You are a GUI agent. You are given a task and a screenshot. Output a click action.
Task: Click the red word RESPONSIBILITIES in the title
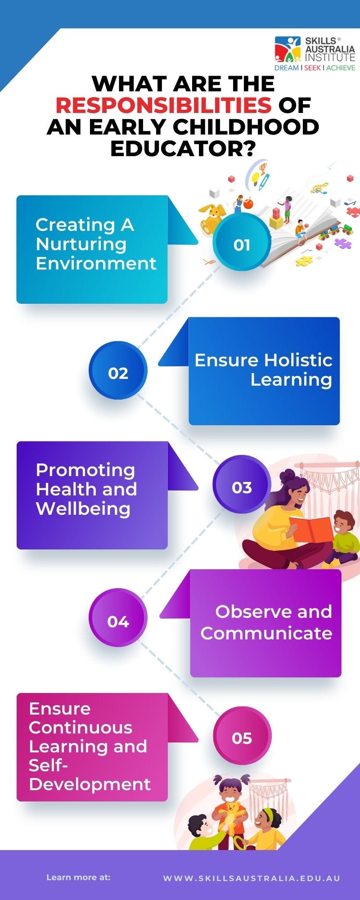point(164,105)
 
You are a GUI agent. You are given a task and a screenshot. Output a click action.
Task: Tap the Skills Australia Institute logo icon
point(288,49)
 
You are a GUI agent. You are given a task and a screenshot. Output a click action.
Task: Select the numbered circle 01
point(242,244)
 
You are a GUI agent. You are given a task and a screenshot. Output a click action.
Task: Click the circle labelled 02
point(118,373)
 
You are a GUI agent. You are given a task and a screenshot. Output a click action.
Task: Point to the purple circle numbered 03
point(242,487)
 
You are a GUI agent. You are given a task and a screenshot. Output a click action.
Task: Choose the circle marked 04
point(118,621)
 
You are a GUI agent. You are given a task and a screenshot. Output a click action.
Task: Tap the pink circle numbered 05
point(242,738)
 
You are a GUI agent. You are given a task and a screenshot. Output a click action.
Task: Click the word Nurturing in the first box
point(81,244)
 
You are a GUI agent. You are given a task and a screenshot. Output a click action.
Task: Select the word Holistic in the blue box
point(298,360)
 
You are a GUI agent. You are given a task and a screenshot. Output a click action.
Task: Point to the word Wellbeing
point(83,508)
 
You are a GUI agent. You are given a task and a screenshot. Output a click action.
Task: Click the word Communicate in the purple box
point(266,633)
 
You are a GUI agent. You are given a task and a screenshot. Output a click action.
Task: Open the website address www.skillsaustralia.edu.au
point(252,878)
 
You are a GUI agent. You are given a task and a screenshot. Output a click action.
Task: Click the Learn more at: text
point(78,877)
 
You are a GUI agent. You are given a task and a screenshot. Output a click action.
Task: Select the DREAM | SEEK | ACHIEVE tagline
point(315,68)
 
